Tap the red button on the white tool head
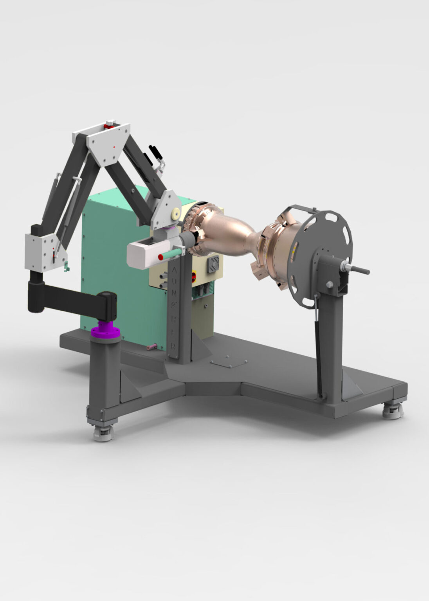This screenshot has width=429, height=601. coord(160,257)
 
